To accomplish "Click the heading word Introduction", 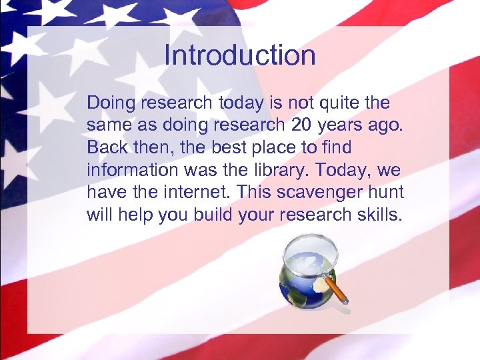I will [x=239, y=55].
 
